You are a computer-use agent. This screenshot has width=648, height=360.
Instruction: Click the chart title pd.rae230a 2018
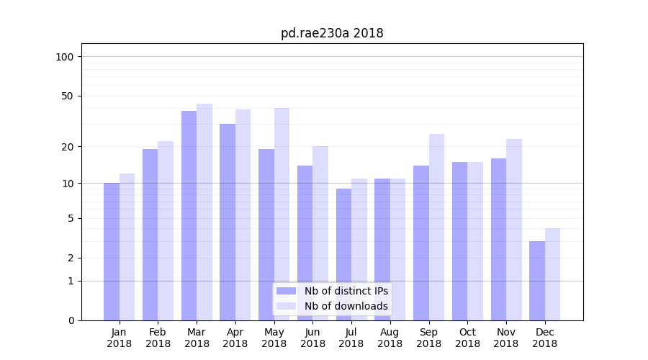(332, 33)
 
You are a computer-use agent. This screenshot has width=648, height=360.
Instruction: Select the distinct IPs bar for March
(189, 215)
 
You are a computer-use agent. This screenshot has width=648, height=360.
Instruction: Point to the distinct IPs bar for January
(112, 251)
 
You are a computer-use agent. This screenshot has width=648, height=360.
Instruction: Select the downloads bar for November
(514, 230)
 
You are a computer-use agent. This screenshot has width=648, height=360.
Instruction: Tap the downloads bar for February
(166, 230)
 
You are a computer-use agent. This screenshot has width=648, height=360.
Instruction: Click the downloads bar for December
(552, 274)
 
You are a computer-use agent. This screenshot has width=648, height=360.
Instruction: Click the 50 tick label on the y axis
(67, 96)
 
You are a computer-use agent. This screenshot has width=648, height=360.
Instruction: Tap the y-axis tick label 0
(71, 320)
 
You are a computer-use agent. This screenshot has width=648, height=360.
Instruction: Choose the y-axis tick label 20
(67, 147)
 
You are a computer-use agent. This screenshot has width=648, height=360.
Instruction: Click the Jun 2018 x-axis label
(312, 338)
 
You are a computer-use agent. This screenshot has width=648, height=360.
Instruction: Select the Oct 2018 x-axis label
(467, 338)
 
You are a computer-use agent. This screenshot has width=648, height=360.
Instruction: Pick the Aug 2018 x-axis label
(390, 338)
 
